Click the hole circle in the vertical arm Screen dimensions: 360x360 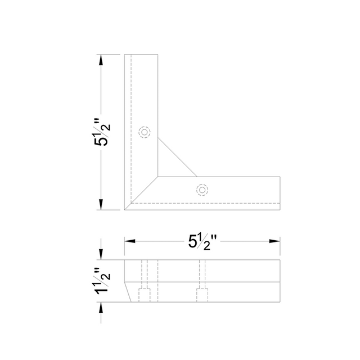click(x=145, y=133)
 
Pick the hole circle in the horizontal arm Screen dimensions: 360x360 click(x=202, y=190)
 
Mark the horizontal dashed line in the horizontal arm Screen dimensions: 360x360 click(x=208, y=202)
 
